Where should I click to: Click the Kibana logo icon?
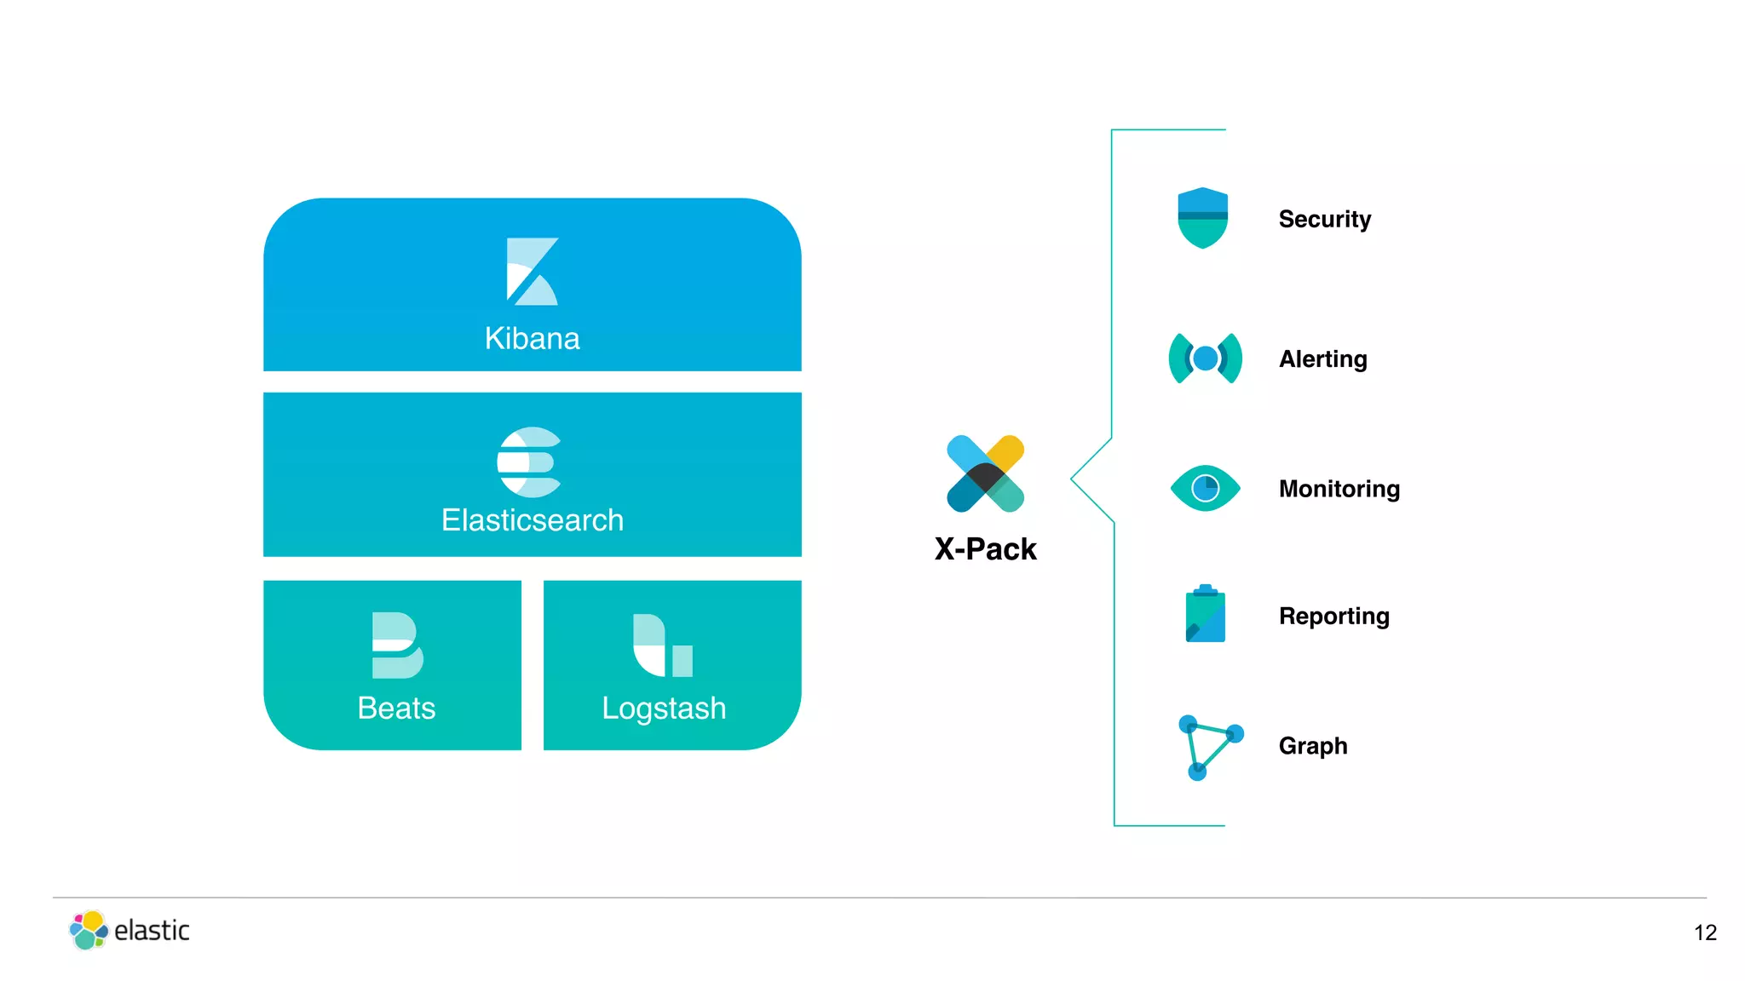[532, 272]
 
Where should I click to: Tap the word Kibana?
[532, 339]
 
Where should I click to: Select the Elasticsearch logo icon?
[529, 462]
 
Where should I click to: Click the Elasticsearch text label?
[532, 520]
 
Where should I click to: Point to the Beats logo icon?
[397, 645]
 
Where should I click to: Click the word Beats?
[396, 708]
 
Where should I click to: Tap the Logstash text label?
[664, 708]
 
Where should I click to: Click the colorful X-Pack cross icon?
[985, 473]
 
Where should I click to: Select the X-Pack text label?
[985, 549]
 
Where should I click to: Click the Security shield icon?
[1202, 218]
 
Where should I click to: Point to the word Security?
[1324, 220]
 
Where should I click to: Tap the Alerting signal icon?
[1205, 359]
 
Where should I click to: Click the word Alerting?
[1322, 359]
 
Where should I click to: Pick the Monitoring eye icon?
[1205, 488]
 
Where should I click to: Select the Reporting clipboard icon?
[1205, 614]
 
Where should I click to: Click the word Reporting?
[1333, 617]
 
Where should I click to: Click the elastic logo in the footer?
[130, 930]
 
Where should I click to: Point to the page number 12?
[1704, 933]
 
